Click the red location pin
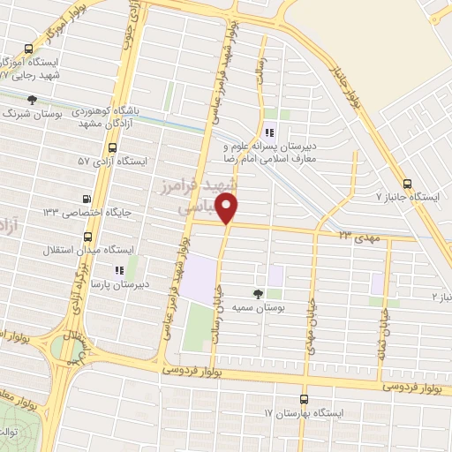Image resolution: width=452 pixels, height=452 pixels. pyautogui.click(x=228, y=208)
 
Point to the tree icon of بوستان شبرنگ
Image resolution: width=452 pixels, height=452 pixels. pyautogui.click(x=33, y=100)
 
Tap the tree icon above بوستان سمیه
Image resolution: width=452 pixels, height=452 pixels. pyautogui.click(x=259, y=292)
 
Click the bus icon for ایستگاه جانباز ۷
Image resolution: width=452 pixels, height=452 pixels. pyautogui.click(x=407, y=184)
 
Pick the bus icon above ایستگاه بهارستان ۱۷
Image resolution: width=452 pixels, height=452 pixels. pyautogui.click(x=305, y=399)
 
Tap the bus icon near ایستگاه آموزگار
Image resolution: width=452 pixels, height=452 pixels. pyautogui.click(x=30, y=49)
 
